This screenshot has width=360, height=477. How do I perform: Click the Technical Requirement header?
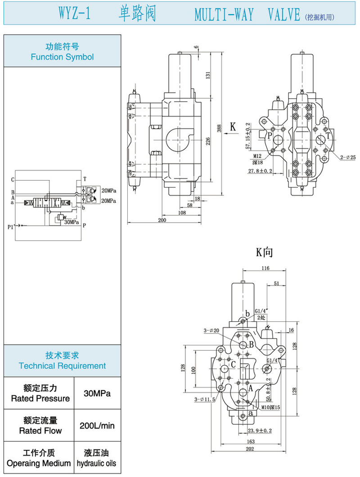pos(62,361)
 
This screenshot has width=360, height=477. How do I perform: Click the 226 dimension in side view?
pos(208,142)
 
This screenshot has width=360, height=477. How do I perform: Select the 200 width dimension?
pos(162,220)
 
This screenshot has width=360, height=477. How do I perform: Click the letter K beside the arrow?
pos(233,127)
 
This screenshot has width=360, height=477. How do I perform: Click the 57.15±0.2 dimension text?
pos(247,136)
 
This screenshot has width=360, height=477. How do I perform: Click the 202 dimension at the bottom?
pos(250,449)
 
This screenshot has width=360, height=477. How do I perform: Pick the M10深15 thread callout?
pos(271,407)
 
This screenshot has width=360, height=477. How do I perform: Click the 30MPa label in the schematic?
pos(72,222)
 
